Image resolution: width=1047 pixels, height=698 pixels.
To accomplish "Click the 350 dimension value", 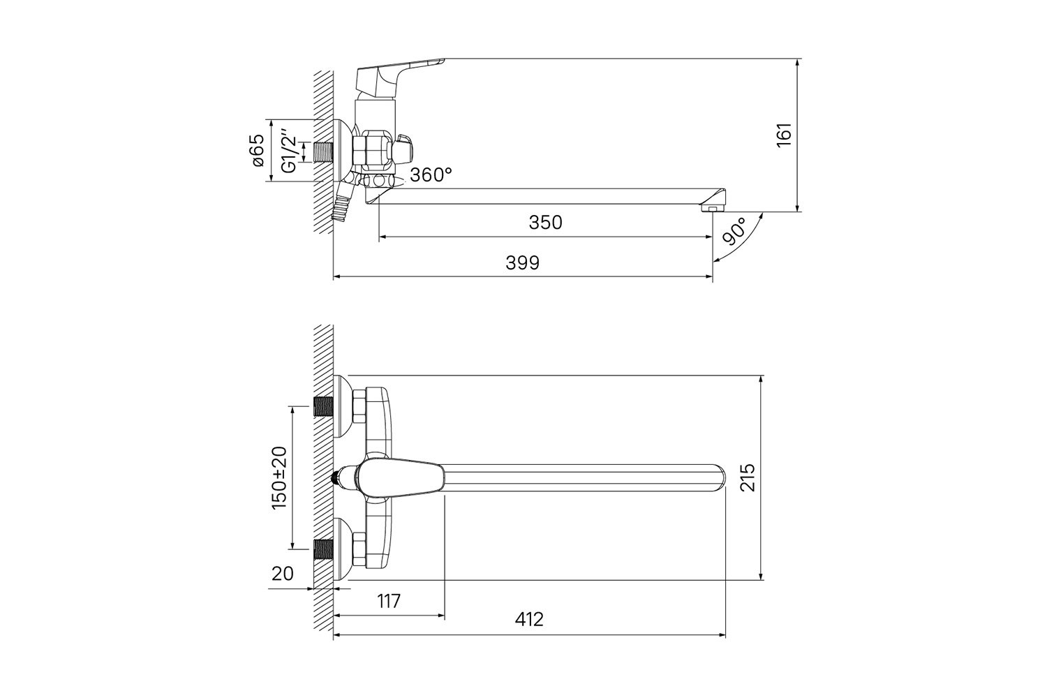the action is tap(545, 223).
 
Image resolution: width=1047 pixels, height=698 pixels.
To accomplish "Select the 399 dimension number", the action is tap(522, 263).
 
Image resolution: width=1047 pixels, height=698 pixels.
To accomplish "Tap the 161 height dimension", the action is tap(784, 135).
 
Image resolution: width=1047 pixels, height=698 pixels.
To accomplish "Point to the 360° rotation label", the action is tap(431, 175).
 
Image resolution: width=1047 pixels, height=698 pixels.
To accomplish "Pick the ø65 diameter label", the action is tap(258, 150).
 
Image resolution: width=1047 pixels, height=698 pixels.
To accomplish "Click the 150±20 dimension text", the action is tap(279, 477).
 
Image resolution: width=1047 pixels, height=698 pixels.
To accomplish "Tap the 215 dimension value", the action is tap(748, 477).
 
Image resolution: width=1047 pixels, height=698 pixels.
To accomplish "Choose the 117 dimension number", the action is tap(389, 601).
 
